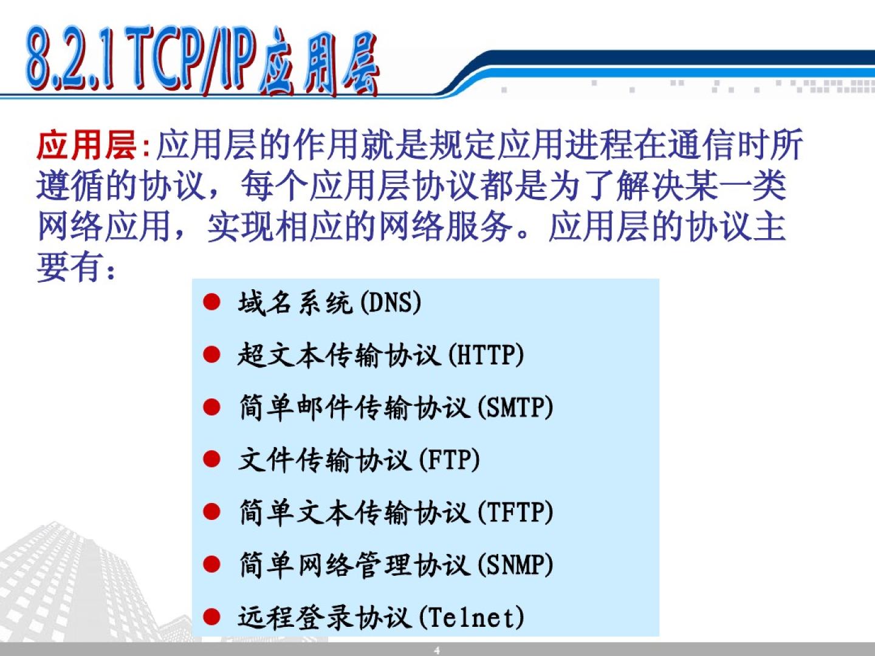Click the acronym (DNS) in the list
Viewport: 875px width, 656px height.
390,303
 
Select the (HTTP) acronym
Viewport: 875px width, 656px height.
486,355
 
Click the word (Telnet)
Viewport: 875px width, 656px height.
472,618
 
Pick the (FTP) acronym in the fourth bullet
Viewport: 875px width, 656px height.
449,460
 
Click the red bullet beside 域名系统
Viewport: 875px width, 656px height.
211,302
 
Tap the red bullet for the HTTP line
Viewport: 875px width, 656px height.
211,355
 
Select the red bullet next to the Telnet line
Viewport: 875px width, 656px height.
211,617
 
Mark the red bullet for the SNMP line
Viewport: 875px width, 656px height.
211,564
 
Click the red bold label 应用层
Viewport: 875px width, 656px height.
87,145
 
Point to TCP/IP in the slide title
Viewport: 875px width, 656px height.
191,60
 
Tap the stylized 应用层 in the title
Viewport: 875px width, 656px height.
319,63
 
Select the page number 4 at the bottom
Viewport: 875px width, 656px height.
437,651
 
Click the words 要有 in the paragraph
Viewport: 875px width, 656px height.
68,267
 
